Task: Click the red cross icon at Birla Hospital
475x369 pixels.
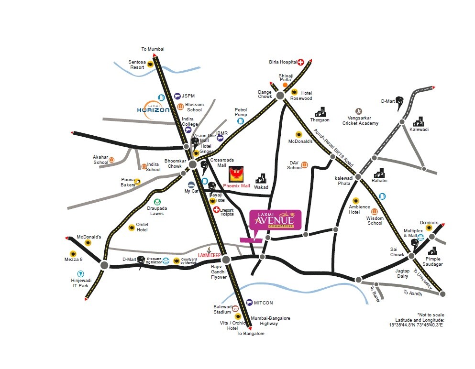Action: tap(301, 62)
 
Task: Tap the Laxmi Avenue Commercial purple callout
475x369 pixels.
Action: tap(275, 221)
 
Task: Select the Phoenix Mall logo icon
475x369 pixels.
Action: tap(236, 173)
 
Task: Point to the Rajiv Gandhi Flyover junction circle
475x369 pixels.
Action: tap(227, 259)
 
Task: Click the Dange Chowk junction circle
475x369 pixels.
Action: tap(280, 96)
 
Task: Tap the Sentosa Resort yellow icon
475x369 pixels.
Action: tap(150, 64)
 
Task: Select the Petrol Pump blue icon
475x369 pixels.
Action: tap(241, 121)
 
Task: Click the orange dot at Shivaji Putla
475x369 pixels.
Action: tap(285, 85)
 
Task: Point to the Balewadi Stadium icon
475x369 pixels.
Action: tap(235, 308)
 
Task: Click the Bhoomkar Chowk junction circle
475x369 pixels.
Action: tap(193, 164)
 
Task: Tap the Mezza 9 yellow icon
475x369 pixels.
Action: tap(73, 254)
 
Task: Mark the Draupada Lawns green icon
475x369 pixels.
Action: tap(157, 202)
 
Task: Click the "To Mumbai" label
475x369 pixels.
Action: tap(153, 49)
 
